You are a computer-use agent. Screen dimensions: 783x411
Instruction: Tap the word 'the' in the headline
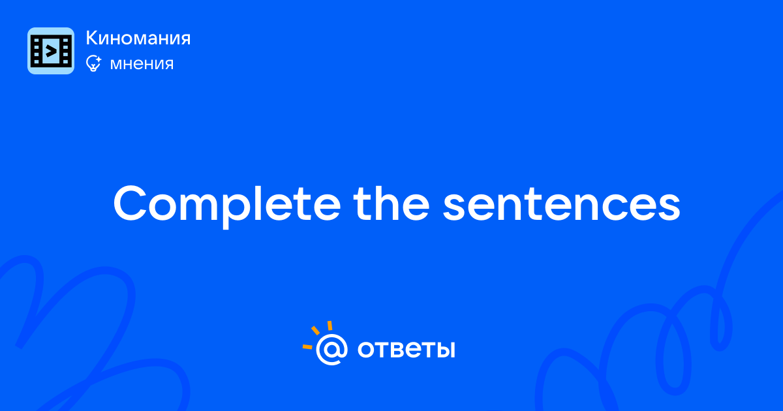tap(391, 204)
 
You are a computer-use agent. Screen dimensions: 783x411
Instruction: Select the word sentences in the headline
tap(561, 205)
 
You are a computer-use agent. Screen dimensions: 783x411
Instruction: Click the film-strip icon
tap(51, 51)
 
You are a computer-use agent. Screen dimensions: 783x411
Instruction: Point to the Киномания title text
tap(138, 38)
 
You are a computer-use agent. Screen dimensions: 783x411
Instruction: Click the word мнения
tap(142, 64)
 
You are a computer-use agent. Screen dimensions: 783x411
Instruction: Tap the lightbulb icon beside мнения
tap(93, 63)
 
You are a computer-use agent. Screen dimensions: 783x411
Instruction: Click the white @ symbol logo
tap(331, 349)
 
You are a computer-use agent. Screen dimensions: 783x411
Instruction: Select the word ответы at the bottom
tap(406, 350)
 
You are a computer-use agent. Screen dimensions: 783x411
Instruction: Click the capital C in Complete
tap(130, 204)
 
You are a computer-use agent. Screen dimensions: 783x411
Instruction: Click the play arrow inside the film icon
tap(51, 52)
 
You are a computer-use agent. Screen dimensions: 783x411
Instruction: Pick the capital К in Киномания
tap(92, 38)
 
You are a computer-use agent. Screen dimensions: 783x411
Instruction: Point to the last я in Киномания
tap(184, 40)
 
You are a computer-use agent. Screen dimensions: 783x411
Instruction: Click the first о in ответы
tap(366, 350)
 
